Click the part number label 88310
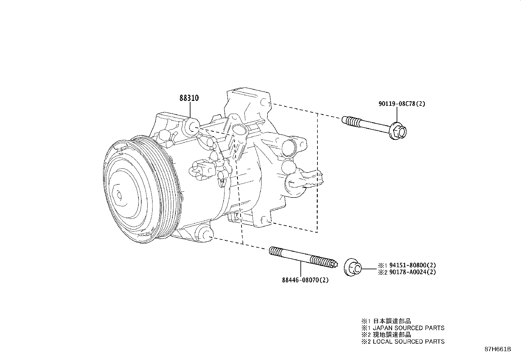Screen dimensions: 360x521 click(189, 98)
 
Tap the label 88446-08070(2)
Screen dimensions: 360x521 click(305, 280)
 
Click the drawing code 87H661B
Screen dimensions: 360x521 click(497, 349)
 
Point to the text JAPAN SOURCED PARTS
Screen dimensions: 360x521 click(408, 328)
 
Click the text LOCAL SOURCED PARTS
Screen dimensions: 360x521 click(408, 342)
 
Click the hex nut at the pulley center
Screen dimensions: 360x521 click(118, 195)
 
